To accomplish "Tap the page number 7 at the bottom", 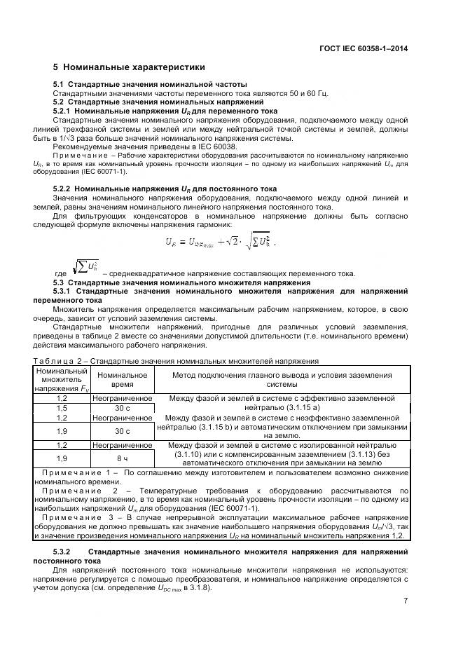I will (406, 601).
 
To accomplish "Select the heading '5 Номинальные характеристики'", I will (130, 68).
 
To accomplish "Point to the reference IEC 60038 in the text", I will (160, 146).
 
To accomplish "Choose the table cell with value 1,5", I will (61, 407).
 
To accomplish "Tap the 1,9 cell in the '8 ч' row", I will (61, 458).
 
